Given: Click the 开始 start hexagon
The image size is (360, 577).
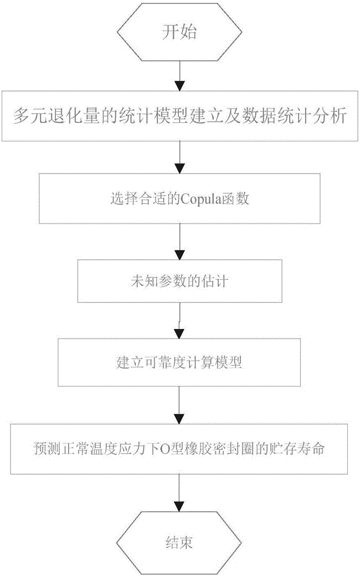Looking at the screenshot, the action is click(x=179, y=32).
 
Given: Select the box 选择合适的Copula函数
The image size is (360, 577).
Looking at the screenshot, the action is click(x=179, y=198).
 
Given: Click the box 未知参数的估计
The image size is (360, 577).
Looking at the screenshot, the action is click(x=179, y=282).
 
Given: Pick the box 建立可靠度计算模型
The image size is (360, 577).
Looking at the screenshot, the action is click(x=179, y=362).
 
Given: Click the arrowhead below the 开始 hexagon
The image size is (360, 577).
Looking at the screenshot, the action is click(x=179, y=85).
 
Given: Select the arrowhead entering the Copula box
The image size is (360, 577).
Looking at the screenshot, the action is click(x=179, y=168).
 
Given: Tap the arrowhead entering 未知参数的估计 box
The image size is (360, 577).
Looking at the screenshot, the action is click(x=179, y=255).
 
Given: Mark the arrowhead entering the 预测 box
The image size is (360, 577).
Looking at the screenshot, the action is click(x=179, y=419).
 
